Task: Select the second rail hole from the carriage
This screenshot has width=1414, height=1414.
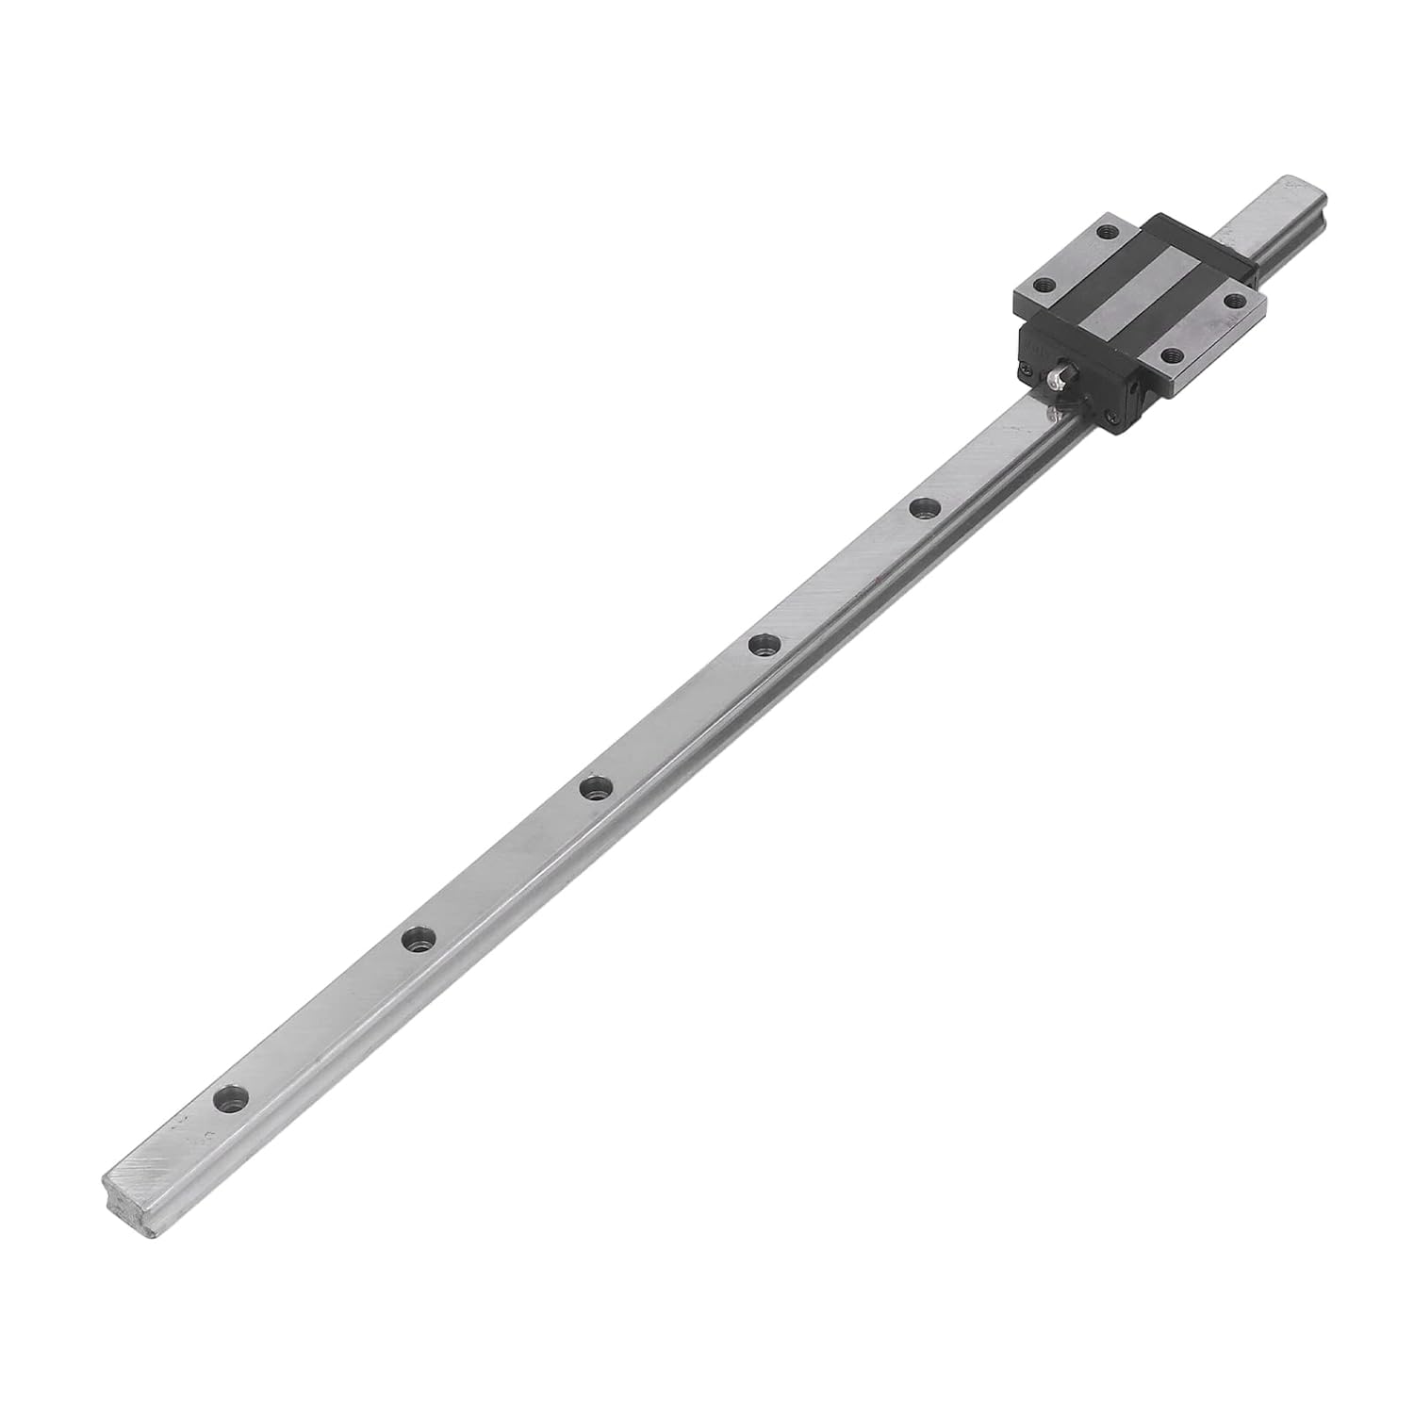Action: click(763, 646)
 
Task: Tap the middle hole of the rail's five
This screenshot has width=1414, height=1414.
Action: click(593, 788)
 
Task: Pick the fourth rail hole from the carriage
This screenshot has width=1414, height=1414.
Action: click(418, 939)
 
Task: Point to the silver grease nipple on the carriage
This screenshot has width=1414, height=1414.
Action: click(1054, 377)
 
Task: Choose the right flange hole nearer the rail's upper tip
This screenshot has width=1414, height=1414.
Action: click(1234, 300)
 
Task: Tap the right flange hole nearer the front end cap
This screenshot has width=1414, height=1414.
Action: click(1172, 355)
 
